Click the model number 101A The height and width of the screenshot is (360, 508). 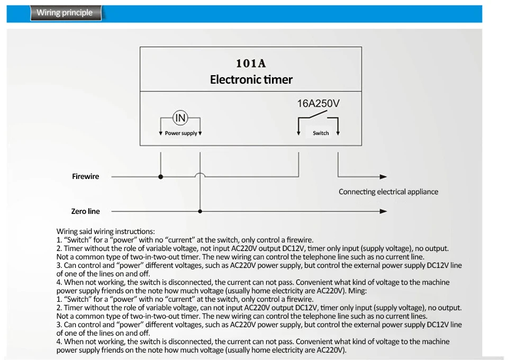click(x=251, y=64)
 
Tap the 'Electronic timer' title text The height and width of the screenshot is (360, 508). click(x=251, y=80)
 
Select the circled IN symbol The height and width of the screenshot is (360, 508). click(x=180, y=118)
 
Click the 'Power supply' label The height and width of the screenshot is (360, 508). click(x=181, y=133)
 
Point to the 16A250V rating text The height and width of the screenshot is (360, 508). click(x=319, y=103)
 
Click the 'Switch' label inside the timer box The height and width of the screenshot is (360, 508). click(x=321, y=133)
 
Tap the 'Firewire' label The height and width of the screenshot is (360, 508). click(x=86, y=177)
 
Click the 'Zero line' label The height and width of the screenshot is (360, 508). click(x=86, y=211)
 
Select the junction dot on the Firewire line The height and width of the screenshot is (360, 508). click(x=161, y=177)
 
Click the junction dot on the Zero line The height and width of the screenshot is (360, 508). click(x=200, y=211)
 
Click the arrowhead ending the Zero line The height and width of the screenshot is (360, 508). click(x=383, y=211)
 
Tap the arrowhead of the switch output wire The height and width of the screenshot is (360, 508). click(x=383, y=177)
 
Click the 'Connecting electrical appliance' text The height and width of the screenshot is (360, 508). click(x=388, y=192)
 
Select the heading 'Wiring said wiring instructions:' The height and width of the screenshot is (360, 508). click(x=106, y=231)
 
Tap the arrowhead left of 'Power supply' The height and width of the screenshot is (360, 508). click(x=161, y=133)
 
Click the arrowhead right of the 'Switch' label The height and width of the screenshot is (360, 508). click(x=338, y=133)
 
